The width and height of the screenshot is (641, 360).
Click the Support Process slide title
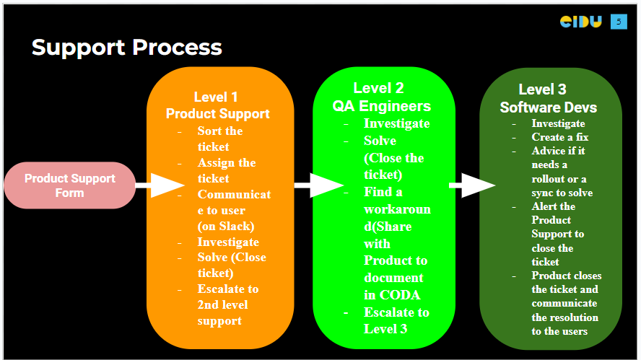126,48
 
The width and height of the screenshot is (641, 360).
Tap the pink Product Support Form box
69,185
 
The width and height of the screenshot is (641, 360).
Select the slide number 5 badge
619,22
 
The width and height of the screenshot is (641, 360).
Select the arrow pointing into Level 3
472,185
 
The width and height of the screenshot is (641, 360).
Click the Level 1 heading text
216,97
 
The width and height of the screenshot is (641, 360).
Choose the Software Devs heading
548,107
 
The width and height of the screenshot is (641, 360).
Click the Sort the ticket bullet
219,139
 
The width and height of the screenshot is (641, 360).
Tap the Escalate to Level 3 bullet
396,320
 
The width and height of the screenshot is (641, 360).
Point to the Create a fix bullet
560,137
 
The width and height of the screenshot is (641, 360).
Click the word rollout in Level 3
551,179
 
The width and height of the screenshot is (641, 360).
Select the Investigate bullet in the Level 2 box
396,123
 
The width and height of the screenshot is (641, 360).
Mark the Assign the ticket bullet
227,170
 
